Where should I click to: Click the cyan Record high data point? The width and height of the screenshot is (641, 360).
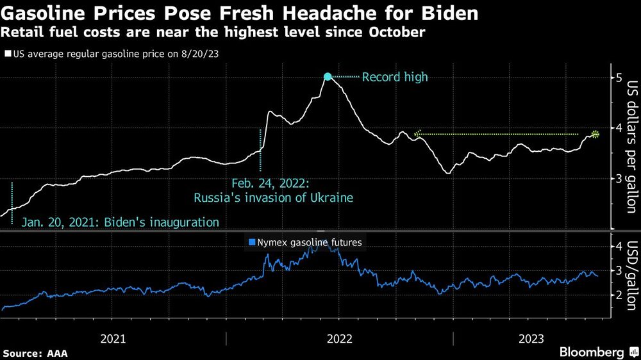(x=328, y=77)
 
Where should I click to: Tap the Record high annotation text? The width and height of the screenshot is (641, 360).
(x=394, y=78)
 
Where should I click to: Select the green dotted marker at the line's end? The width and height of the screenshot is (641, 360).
(x=595, y=134)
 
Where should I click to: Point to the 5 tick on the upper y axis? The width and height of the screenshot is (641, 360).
(x=619, y=78)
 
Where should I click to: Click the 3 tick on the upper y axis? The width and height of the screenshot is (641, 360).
(x=619, y=177)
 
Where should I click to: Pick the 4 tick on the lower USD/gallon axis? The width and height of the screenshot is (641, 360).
(x=619, y=247)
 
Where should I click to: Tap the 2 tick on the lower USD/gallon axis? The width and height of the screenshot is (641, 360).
(x=619, y=295)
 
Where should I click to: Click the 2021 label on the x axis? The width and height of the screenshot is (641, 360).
(x=113, y=338)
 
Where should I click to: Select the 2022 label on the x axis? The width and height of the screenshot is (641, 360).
(x=339, y=338)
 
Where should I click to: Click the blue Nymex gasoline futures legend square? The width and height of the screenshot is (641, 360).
(x=252, y=242)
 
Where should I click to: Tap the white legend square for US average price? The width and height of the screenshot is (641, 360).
(x=7, y=54)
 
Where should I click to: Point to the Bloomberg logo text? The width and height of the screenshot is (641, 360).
(x=592, y=352)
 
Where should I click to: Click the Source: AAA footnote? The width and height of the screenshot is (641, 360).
(x=35, y=353)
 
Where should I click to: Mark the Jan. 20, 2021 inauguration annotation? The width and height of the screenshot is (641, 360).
(x=120, y=222)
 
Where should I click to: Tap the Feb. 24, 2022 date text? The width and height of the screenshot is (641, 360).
(x=274, y=183)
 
